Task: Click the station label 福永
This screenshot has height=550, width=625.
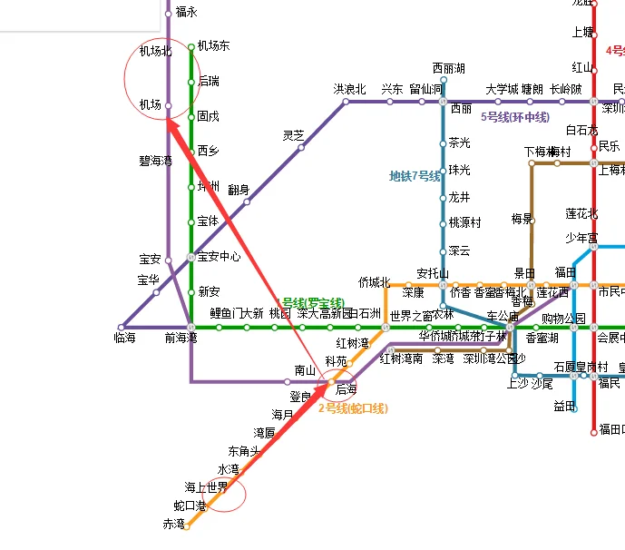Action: coord(187,13)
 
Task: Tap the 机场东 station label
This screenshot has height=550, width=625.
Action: coord(213,46)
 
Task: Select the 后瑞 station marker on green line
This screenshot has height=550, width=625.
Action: coord(191,82)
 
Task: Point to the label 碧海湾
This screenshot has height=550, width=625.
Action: coord(156,161)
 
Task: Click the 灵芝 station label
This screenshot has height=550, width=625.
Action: coord(294,135)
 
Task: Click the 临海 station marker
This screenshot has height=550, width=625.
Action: coord(121,327)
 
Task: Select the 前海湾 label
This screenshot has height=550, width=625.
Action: coord(181,339)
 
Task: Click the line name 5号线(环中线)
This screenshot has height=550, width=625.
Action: coord(515,117)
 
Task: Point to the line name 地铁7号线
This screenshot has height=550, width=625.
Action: coord(415,176)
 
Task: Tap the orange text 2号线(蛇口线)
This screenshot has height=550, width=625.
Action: coord(352,408)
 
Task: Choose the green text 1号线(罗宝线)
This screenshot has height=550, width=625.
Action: coord(310,302)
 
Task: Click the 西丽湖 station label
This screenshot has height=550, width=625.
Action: coord(448,69)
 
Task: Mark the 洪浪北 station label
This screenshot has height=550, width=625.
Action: coord(349,89)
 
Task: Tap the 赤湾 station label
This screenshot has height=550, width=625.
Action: coord(173,525)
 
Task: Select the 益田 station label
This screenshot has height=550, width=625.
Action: coord(564,406)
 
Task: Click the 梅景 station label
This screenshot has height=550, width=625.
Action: coord(521,219)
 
